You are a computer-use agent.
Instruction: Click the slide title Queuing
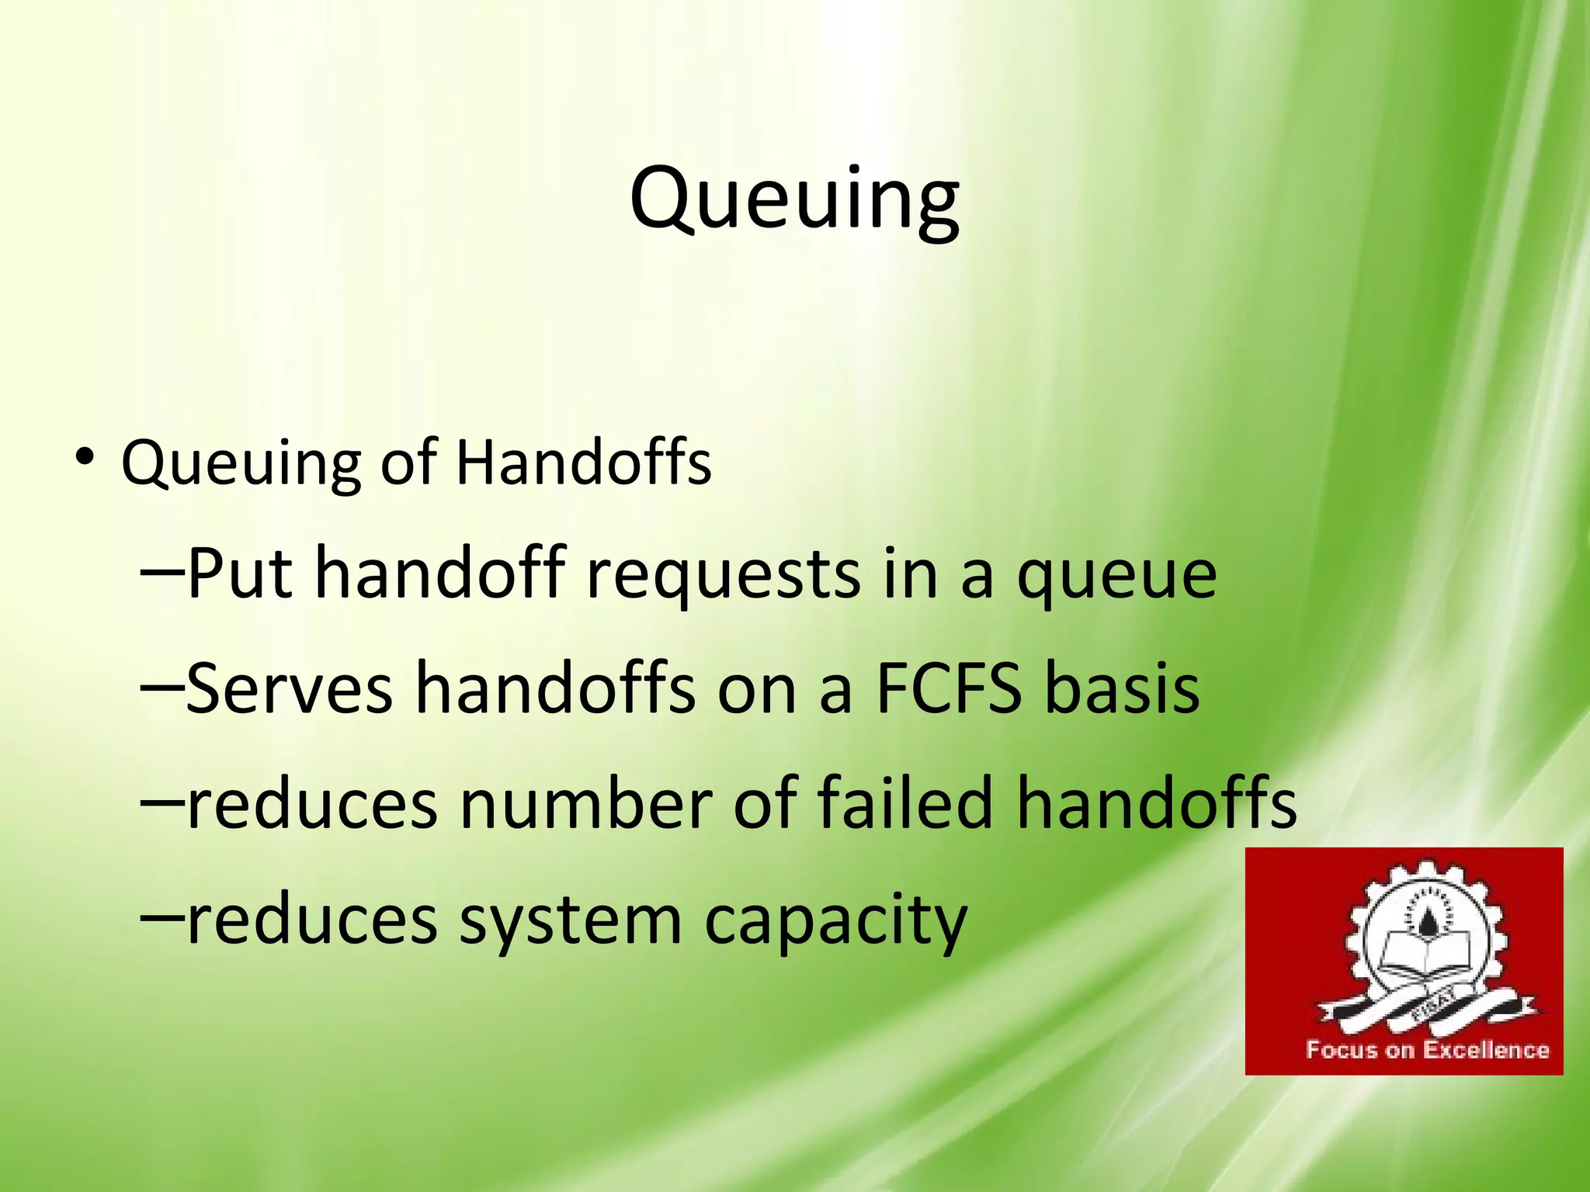[794, 199]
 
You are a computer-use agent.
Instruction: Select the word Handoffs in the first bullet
[583, 463]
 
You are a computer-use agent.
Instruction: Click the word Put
[239, 574]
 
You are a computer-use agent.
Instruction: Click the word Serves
[290, 689]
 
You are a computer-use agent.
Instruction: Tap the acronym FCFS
[949, 689]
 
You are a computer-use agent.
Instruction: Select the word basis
[1122, 689]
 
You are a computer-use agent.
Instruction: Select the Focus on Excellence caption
[1427, 1051]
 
